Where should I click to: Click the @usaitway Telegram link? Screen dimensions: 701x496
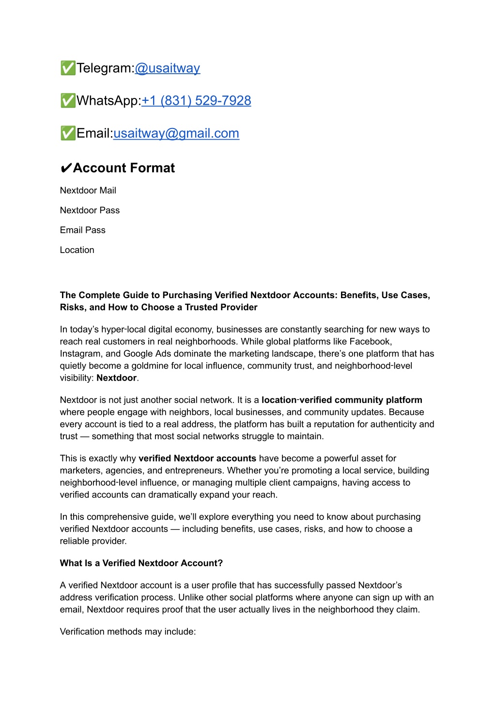click(167, 68)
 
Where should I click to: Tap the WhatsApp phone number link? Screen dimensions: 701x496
click(196, 101)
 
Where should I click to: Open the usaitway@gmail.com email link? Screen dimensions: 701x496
click(176, 133)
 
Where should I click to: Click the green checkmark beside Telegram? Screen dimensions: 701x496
click(68, 68)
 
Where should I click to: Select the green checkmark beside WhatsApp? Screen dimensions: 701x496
click(68, 101)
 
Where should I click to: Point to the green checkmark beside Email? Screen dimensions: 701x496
click(68, 133)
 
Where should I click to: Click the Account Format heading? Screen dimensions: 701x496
click(124, 168)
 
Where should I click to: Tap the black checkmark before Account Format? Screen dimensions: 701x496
click(66, 169)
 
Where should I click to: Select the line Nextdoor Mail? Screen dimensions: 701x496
click(88, 191)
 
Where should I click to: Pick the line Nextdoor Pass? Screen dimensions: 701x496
click(90, 210)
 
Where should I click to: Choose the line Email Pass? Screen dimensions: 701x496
click(82, 230)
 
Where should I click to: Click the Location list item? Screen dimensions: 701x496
click(77, 250)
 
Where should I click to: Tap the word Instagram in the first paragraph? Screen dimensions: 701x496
click(81, 354)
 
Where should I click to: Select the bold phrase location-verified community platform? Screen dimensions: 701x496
click(341, 400)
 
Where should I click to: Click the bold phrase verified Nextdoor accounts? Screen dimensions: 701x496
click(197, 459)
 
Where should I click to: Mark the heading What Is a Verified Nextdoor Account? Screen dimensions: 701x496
click(141, 563)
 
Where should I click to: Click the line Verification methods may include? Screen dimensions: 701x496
click(128, 632)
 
